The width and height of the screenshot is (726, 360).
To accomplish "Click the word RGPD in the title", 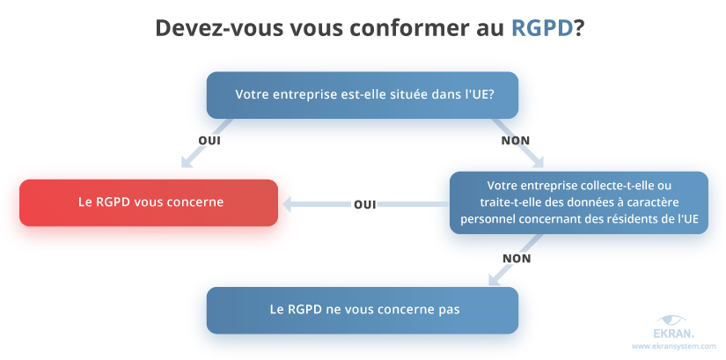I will pyautogui.click(x=542, y=28).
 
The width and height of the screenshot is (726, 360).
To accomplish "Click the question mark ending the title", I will pyautogui.click(x=580, y=28).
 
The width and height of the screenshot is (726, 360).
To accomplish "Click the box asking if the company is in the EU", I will pyautogui.click(x=362, y=95).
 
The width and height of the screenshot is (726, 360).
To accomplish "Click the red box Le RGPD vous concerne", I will pyautogui.click(x=150, y=202).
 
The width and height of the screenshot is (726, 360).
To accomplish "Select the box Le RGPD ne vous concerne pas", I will pyautogui.click(x=362, y=310).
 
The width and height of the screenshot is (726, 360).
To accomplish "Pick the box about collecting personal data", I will pyautogui.click(x=578, y=202).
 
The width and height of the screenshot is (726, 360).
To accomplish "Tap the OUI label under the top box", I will pyautogui.click(x=209, y=140).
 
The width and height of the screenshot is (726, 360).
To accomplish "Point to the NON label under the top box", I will pyautogui.click(x=515, y=140).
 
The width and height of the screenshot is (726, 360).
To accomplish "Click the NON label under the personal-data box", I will pyautogui.click(x=516, y=258).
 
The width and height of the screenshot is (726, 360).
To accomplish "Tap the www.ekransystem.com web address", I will pyautogui.click(x=674, y=347).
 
